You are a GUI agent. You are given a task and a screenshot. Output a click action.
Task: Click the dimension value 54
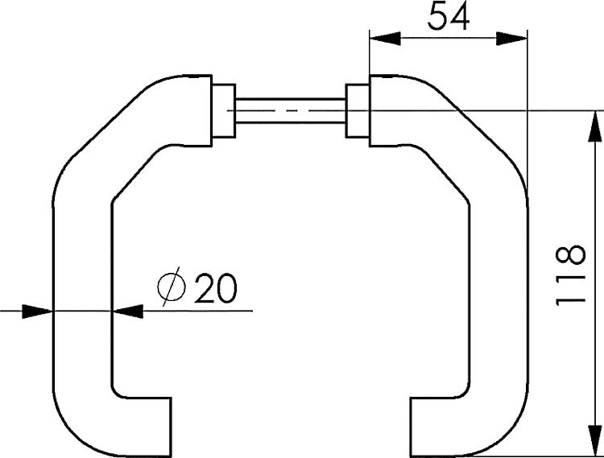[449, 16]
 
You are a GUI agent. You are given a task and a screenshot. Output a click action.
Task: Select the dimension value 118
[571, 274]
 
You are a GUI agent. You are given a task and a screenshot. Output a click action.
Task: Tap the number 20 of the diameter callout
[216, 288]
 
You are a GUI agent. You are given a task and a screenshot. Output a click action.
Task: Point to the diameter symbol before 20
[172, 287]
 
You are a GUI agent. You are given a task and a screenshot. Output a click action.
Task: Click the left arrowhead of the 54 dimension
[385, 39]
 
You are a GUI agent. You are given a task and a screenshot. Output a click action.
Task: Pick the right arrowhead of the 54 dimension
[511, 39]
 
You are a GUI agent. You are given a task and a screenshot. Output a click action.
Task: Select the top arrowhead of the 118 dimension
[595, 126]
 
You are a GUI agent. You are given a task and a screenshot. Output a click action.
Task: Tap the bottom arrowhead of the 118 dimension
[595, 440]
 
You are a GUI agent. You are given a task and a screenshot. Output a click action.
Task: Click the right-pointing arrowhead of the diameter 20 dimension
[37, 312]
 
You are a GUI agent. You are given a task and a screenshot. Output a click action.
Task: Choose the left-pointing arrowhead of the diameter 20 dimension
[127, 312]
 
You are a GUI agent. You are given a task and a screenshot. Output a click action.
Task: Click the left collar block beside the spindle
[223, 111]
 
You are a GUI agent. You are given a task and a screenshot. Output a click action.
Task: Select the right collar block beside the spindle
[358, 111]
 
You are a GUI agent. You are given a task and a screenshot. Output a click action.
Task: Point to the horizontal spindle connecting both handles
[291, 111]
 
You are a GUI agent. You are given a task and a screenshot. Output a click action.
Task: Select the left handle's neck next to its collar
[192, 111]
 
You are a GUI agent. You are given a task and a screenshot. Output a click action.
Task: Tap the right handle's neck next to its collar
[389, 111]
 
